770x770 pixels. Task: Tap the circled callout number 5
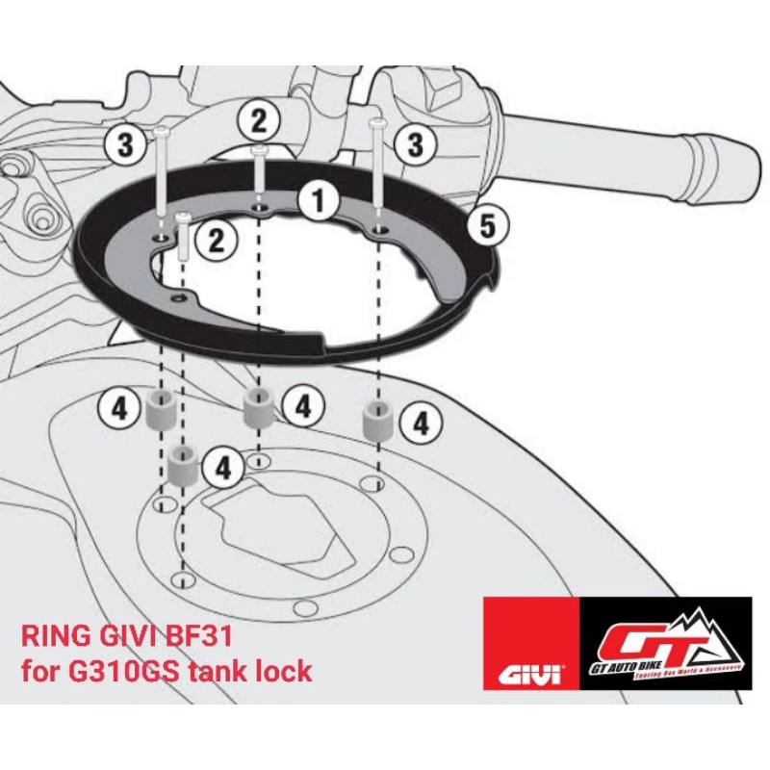click(487, 226)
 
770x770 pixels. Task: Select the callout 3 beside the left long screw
click(125, 146)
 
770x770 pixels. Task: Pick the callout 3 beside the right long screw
click(416, 146)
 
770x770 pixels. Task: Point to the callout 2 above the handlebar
click(259, 121)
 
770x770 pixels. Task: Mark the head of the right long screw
click(378, 123)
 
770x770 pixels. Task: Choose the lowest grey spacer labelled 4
click(182, 466)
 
